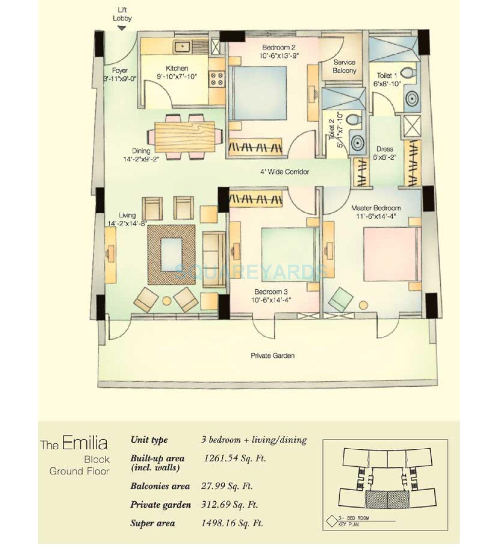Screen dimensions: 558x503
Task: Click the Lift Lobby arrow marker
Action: [x=122, y=29]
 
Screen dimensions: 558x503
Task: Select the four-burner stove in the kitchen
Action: [x=217, y=79]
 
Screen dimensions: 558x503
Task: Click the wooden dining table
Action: [x=185, y=137]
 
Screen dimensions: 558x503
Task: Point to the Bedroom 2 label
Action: [x=278, y=47]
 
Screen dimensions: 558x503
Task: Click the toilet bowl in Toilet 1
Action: [x=408, y=72]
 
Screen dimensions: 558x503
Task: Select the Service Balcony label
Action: [x=344, y=66]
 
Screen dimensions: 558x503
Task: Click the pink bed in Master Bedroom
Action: [x=392, y=254]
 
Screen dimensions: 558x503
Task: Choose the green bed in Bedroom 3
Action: [x=289, y=254]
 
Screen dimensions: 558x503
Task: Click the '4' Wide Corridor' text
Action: [x=284, y=172]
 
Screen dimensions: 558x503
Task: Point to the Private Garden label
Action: [x=273, y=355]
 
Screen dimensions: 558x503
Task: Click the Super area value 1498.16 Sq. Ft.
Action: [x=232, y=523]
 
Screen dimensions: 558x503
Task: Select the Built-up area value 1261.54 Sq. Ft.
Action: [x=235, y=458]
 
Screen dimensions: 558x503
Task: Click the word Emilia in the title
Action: [x=85, y=443]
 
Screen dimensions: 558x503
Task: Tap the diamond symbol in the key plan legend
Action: [x=331, y=521]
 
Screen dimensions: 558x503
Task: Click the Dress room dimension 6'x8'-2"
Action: [x=385, y=157]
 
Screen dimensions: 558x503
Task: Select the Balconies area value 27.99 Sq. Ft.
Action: [x=227, y=486]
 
